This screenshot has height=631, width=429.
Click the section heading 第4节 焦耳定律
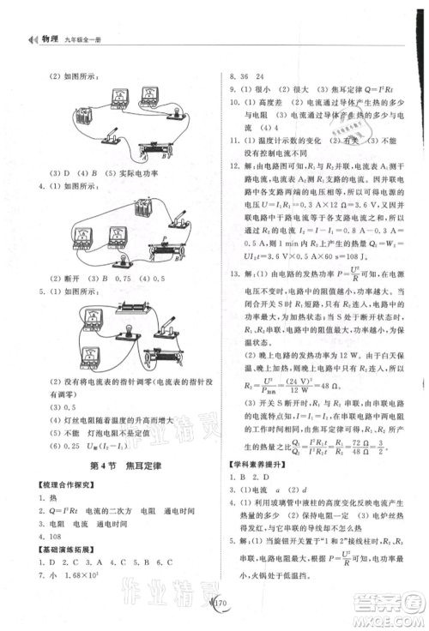tap(118, 465)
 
